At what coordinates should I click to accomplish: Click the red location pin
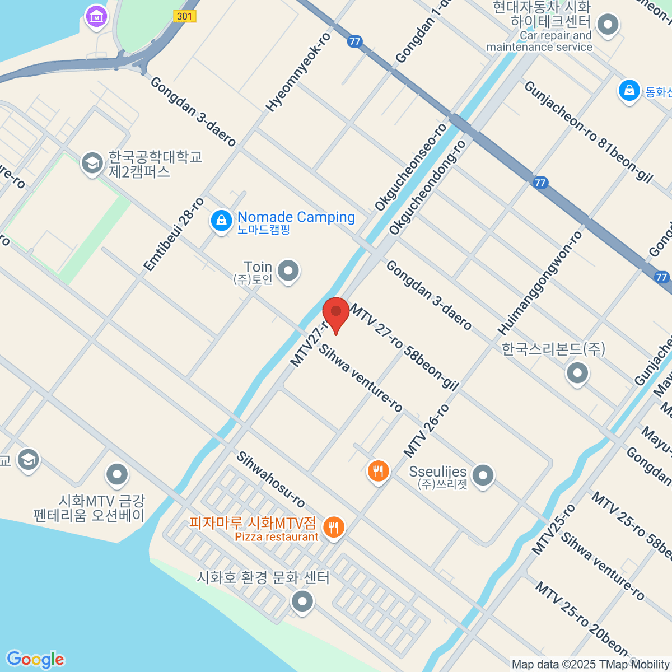336,312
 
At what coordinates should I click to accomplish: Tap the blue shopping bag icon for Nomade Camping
221,221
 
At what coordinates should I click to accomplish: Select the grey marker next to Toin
288,271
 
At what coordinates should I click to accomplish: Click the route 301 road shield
184,16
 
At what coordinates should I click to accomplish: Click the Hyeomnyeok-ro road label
298,72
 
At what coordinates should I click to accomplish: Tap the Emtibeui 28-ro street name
174,235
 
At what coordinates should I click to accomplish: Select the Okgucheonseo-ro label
411,167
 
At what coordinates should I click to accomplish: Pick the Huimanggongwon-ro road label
540,283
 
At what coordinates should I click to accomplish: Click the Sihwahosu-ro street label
270,479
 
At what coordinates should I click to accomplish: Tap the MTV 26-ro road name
426,431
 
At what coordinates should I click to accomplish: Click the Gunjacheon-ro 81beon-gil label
588,132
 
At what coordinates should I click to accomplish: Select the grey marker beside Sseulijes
483,475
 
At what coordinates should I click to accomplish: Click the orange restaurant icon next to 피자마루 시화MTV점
334,527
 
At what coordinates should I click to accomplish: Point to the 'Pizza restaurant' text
277,537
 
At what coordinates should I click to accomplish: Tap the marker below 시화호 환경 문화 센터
302,602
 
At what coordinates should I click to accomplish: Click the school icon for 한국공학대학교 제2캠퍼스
91,163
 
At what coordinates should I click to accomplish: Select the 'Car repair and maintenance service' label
539,41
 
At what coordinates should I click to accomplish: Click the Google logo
35,660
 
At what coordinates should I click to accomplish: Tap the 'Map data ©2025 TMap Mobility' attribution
591,665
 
